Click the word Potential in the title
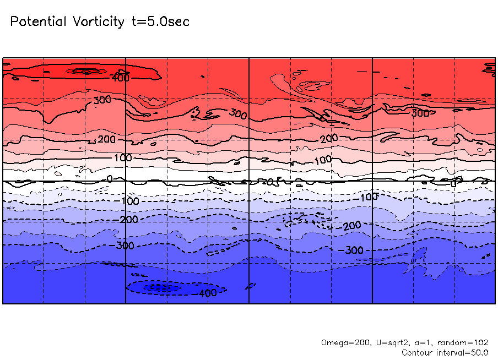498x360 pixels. pos(38,22)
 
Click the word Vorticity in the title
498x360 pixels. pos(98,22)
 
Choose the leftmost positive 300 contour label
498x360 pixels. pos(102,100)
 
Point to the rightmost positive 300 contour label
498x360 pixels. pos(420,113)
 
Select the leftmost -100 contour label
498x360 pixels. pos(129,201)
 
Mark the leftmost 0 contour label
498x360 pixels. pos(109,179)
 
